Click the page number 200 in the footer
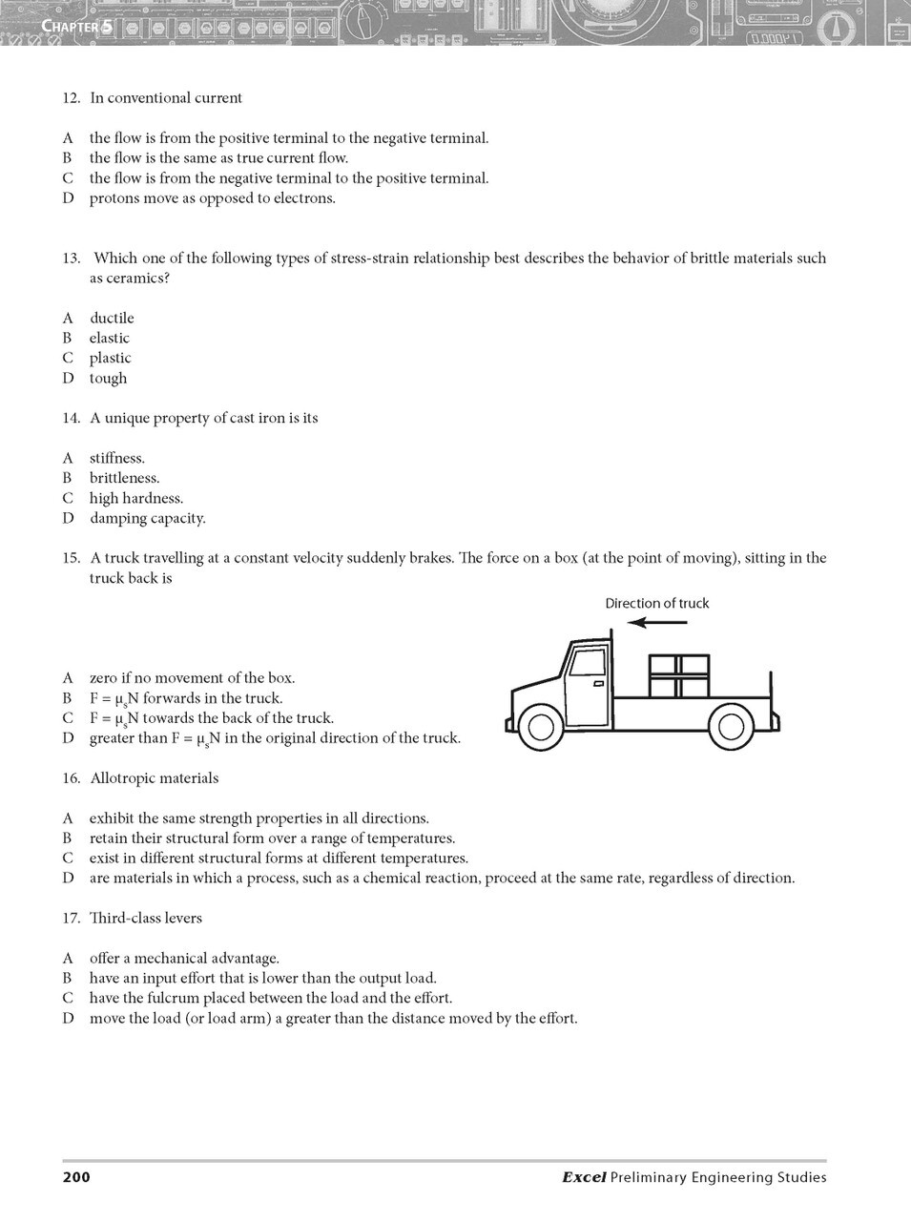point(76,1177)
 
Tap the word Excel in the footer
point(584,1177)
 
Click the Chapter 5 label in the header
point(77,27)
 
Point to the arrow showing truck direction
point(657,623)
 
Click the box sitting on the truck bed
point(679,675)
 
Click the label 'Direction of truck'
point(657,603)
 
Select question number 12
point(71,98)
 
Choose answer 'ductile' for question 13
point(112,318)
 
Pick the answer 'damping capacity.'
point(147,518)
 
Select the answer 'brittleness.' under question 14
point(124,478)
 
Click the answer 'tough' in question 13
point(108,378)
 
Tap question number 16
point(71,778)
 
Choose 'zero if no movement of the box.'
point(192,678)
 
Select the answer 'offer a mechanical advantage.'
point(184,958)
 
